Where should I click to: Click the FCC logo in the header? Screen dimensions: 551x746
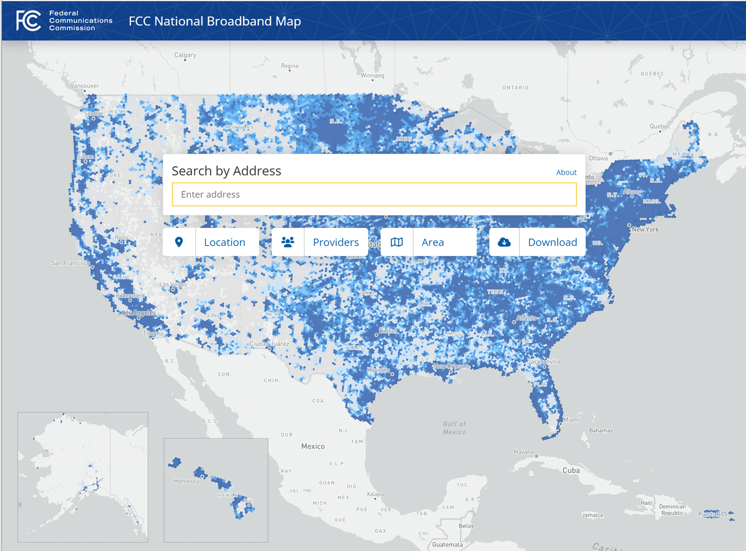coord(29,21)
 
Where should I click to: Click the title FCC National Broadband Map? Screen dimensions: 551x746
coord(214,21)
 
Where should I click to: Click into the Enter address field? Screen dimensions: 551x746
coord(374,194)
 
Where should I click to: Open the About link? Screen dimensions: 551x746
coord(566,172)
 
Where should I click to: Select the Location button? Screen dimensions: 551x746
coord(224,242)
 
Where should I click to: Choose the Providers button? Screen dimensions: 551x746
coord(335,242)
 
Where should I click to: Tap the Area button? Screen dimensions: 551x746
coord(433,242)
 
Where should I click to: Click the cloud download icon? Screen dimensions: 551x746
coord(504,242)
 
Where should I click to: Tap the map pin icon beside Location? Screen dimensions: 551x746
coord(179,242)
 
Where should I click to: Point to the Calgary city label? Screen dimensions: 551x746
coord(185,55)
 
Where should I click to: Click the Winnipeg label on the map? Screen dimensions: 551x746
coord(373,76)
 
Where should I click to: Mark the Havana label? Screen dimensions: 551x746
coord(524,452)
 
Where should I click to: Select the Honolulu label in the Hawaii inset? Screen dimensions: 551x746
coord(186,481)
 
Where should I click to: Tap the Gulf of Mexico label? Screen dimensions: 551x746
coord(455,428)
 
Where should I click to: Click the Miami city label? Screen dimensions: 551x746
coord(572,420)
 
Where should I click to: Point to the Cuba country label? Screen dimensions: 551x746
coord(571,470)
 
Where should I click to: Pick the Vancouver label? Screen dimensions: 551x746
coord(85,86)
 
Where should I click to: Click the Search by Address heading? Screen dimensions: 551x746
coord(226,171)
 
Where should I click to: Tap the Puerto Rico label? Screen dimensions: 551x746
coord(713,514)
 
